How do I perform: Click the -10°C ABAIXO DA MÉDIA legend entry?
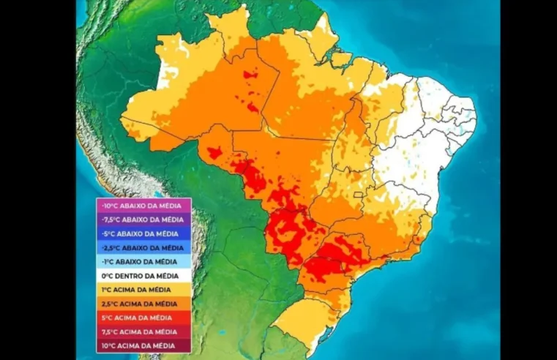coord(143,206)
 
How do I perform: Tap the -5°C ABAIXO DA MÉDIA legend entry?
coord(143,234)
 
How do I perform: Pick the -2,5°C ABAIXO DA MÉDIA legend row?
coord(143,248)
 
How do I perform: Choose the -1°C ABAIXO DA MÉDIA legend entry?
coord(143,262)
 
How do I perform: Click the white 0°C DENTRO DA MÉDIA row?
coord(143,276)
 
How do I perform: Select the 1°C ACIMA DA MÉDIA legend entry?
coord(143,290)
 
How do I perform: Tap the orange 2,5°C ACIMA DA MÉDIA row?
coord(143,304)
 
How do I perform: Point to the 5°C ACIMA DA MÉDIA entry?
coord(143,318)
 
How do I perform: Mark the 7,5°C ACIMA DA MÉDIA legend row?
coord(143,331)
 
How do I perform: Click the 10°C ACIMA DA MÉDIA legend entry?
coord(143,345)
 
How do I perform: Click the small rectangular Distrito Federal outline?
coord(359,195)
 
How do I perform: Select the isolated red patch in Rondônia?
coord(214,153)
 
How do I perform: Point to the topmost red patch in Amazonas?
coord(250,74)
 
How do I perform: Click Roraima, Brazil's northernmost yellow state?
coord(230,33)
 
